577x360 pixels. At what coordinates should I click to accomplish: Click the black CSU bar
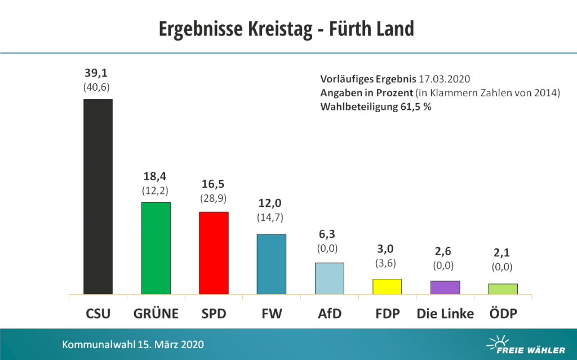pos(98,197)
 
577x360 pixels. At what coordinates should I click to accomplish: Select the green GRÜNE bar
pos(156,248)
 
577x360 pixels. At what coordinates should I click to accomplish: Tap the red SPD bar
pos(214,253)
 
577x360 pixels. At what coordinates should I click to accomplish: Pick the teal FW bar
pos(272,264)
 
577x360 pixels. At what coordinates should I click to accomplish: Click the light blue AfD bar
pos(329,278)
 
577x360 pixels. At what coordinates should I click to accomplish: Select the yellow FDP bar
pos(387,286)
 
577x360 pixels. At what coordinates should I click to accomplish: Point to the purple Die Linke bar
pos(445,287)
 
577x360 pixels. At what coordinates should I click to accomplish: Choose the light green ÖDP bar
pos(503,288)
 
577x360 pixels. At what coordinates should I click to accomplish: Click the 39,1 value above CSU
pos(98,73)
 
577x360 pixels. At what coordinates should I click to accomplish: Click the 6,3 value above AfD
pos(329,234)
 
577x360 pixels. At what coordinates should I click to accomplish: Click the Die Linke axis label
pos(445,314)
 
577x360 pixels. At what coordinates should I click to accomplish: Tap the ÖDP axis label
pos(503,314)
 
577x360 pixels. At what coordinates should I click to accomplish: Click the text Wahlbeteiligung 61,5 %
pos(376,106)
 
